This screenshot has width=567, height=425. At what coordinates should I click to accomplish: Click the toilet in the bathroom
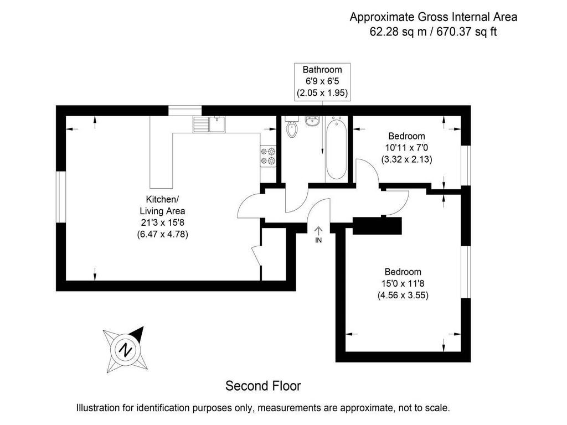(x=291, y=128)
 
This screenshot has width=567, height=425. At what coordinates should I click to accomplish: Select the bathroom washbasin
(x=312, y=120)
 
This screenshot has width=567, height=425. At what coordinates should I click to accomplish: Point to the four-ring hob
(x=268, y=156)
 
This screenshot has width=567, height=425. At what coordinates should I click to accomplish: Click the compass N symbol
(x=126, y=350)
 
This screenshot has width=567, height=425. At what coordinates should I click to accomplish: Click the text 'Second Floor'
(x=263, y=385)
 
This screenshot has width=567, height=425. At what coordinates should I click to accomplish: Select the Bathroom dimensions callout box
(x=322, y=81)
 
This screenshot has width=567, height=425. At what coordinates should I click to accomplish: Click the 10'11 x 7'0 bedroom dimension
(x=406, y=148)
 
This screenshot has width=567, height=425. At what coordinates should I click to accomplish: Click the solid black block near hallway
(x=377, y=226)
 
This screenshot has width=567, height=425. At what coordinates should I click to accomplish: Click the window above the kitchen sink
(x=184, y=111)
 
